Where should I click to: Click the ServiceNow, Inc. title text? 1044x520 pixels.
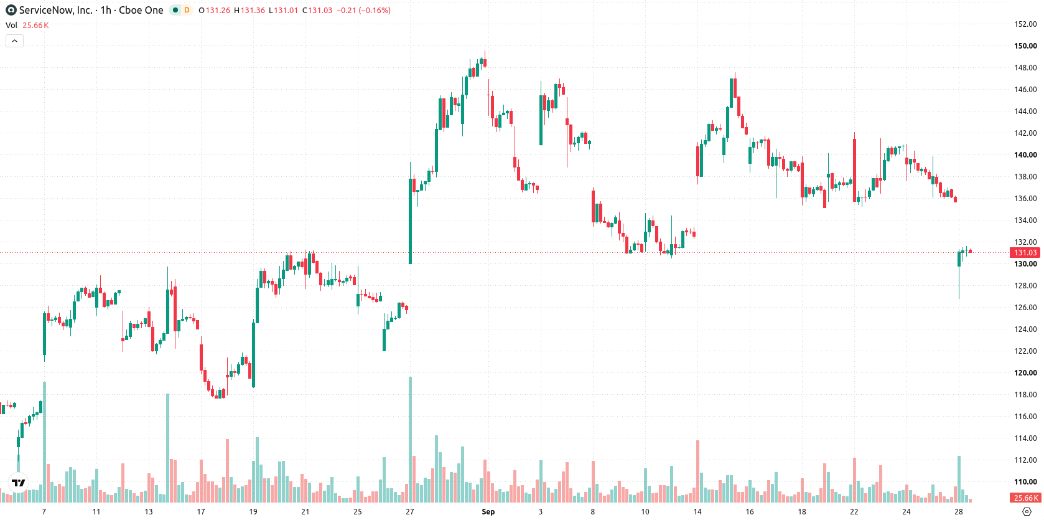(x=56, y=10)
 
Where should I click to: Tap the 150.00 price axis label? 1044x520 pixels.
(x=1025, y=45)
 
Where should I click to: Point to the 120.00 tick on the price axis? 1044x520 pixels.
(x=1025, y=372)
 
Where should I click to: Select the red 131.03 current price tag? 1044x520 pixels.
(x=1025, y=253)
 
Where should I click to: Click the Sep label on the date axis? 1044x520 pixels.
(x=488, y=512)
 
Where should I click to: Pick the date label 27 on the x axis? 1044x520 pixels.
(x=409, y=512)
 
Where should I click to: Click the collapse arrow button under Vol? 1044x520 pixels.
(x=14, y=41)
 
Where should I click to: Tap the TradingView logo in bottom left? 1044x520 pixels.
(x=19, y=483)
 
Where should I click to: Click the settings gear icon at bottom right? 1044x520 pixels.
(x=1027, y=512)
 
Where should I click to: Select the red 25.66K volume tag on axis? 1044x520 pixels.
(x=1025, y=498)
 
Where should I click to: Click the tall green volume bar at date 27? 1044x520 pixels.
(x=410, y=439)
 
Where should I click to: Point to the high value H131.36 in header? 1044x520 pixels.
(x=249, y=10)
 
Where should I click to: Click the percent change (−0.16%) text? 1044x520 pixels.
(x=375, y=10)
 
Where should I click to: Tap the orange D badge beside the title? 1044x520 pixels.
(x=187, y=10)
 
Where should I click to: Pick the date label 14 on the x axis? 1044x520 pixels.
(x=697, y=512)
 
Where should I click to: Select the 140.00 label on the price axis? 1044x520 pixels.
(x=1025, y=155)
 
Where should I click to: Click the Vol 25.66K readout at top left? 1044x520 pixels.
(x=27, y=25)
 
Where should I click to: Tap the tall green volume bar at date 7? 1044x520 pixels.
(x=44, y=442)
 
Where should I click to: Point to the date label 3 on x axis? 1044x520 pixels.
(x=540, y=512)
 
